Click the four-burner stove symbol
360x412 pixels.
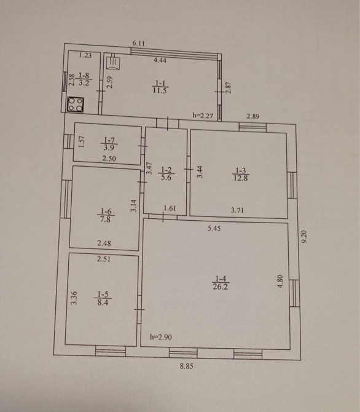(x=76, y=105)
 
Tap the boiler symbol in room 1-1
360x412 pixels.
(x=114, y=63)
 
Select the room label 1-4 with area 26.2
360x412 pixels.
(x=221, y=283)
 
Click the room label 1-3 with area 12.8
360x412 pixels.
(x=241, y=174)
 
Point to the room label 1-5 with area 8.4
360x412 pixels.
(x=103, y=298)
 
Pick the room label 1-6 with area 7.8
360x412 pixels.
(x=106, y=215)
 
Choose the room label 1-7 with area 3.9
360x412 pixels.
(x=109, y=143)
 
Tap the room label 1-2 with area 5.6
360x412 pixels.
(x=166, y=173)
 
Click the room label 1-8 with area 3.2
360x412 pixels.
(x=84, y=79)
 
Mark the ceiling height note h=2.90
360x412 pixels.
(x=161, y=337)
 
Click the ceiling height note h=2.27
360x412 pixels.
(x=203, y=116)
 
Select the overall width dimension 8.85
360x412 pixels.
(x=186, y=366)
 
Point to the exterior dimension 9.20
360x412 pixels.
(x=304, y=237)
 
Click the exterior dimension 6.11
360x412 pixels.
(x=138, y=44)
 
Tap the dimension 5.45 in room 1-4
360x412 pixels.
(x=214, y=228)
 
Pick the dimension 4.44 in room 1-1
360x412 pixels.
(x=160, y=60)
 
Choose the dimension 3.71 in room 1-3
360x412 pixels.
(x=237, y=210)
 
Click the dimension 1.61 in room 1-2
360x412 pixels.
(x=170, y=208)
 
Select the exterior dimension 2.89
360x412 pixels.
(x=253, y=116)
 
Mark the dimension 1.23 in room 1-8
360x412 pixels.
(x=85, y=55)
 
